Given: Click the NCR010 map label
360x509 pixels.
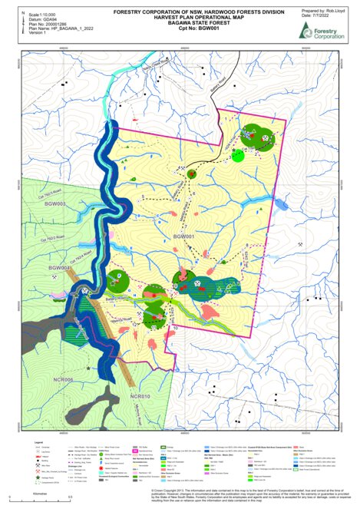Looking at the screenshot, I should pos(141,396).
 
